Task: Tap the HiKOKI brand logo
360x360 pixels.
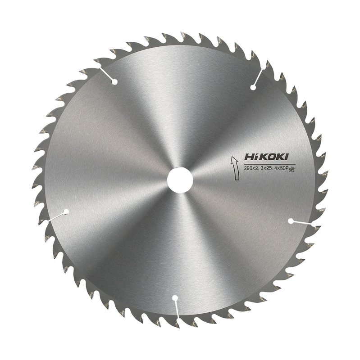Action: click(266, 157)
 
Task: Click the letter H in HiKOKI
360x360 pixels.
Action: click(249, 157)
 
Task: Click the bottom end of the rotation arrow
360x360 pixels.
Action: click(237, 179)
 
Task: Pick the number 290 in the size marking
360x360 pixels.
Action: click(247, 168)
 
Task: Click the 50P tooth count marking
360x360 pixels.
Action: click(284, 168)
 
